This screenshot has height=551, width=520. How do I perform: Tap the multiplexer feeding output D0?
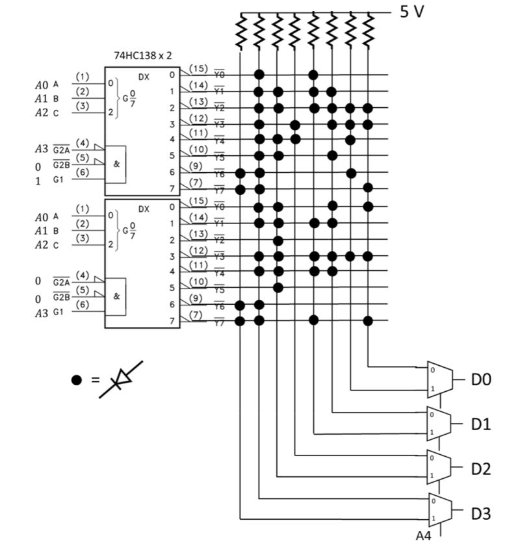point(439,379)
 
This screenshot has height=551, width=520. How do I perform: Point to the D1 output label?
point(480,424)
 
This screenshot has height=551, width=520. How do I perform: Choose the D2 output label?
point(480,468)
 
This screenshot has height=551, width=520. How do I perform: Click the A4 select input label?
point(424,537)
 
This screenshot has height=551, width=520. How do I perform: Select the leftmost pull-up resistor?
point(240,32)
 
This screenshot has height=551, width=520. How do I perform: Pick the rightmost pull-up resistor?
point(369,32)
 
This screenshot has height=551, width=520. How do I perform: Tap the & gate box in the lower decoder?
point(116,296)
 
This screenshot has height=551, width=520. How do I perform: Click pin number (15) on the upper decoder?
point(198,68)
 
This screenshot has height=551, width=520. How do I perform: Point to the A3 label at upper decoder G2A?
point(41,149)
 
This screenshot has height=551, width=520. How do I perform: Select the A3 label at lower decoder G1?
point(41,313)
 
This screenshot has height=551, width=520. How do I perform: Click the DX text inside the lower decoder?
point(144,209)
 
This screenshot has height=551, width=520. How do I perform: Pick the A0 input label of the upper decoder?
point(41,84)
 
